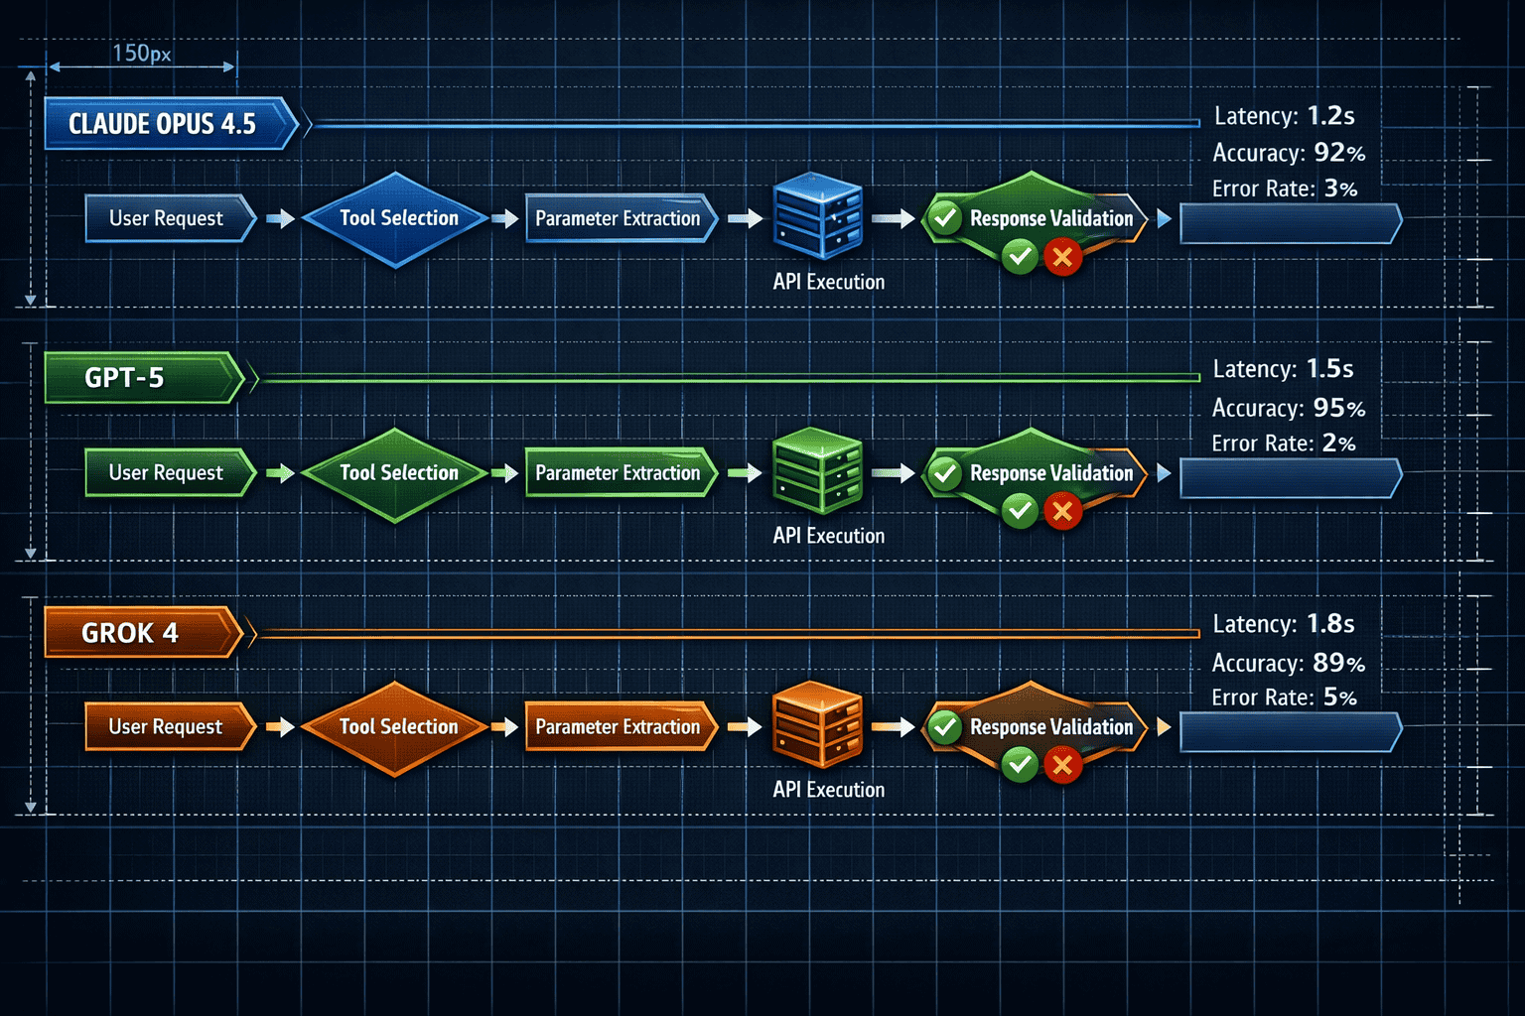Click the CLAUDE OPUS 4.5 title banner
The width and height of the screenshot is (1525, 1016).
(164, 124)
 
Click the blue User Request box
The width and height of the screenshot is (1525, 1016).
(167, 219)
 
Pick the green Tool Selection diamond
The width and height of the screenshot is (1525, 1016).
(397, 474)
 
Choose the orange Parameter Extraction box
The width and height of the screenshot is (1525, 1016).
(619, 727)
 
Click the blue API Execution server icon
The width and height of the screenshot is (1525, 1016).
(817, 216)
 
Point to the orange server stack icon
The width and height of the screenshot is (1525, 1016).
(817, 724)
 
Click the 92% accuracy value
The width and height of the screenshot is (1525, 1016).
(1338, 153)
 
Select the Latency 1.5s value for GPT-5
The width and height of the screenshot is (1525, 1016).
(1329, 369)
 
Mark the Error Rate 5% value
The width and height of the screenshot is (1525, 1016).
(1339, 698)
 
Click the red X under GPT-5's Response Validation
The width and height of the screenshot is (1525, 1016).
(1062, 512)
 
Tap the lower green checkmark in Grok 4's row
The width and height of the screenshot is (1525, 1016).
(1020, 765)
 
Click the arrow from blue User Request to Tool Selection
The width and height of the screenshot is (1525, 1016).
(281, 219)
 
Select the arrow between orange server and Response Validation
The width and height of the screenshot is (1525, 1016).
(893, 727)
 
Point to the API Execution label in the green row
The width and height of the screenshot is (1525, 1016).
(828, 536)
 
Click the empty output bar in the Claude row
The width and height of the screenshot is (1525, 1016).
(1289, 224)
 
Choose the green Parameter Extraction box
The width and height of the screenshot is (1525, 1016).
(619, 473)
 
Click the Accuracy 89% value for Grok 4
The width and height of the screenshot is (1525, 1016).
(1338, 663)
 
